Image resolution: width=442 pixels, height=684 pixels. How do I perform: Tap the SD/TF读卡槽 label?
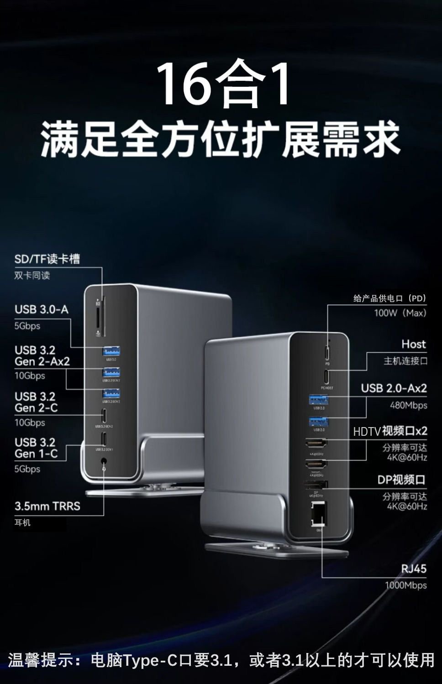47,259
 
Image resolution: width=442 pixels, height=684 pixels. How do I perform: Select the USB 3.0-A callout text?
42,309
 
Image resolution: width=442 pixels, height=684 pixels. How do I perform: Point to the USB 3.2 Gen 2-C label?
36,402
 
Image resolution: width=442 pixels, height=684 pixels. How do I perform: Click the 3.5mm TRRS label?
47,506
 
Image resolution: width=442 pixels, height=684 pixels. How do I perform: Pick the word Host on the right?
413,344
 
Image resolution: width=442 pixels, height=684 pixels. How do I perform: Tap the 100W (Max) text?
400,313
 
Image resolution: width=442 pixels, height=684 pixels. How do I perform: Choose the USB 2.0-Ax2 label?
394,388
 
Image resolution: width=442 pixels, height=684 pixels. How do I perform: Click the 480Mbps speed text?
408,405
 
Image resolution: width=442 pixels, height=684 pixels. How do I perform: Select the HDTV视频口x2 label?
390,431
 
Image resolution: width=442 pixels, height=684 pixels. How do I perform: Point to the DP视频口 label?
401,480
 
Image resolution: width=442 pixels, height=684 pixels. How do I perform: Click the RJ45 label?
414,569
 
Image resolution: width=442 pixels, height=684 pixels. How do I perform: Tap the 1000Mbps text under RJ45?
405,585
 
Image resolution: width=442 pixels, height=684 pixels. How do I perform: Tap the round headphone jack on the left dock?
105,463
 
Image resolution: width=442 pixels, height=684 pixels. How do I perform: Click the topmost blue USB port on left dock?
111,351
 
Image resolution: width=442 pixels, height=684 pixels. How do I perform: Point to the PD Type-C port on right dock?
327,353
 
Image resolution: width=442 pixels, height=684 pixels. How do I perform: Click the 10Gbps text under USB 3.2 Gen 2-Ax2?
30,376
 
